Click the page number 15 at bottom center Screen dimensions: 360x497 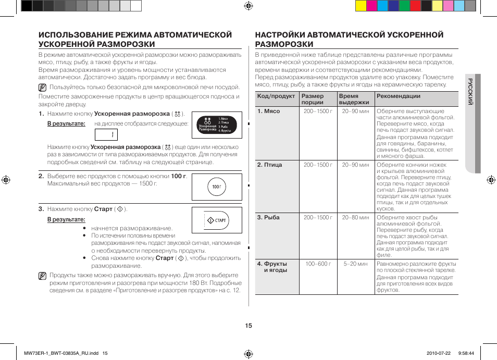[249, 326]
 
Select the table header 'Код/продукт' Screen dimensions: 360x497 [276, 96]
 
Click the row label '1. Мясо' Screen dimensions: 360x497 [268, 111]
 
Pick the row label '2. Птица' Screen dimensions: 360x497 [269, 165]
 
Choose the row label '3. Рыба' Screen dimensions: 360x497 [268, 218]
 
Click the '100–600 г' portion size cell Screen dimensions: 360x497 [318, 264]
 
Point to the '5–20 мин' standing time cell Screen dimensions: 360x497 [356, 264]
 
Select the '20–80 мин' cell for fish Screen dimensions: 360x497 [356, 218]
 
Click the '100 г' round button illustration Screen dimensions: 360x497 [217, 187]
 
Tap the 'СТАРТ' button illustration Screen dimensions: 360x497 [217, 220]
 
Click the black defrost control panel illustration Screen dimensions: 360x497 [217, 126]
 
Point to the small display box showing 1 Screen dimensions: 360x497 [106, 135]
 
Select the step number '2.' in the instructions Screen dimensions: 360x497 [41, 176]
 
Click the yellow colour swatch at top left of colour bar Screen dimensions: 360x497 [361, 6]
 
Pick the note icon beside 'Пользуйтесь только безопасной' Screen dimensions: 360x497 [42, 88]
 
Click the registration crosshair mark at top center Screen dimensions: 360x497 [249, 6]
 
